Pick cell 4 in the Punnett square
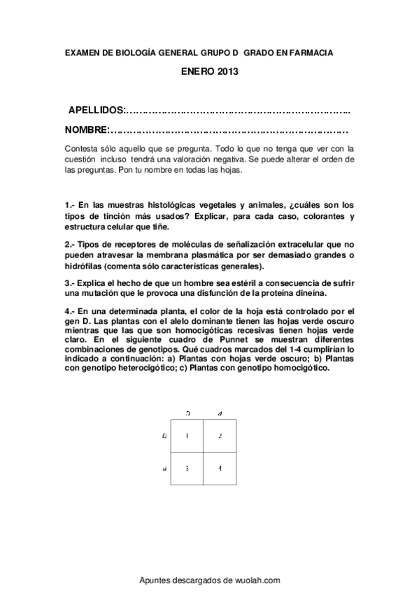(219, 469)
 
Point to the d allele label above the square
(220, 414)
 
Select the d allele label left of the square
(164, 469)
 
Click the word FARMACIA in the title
(308, 52)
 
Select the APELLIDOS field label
(96, 111)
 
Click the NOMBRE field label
(87, 130)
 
